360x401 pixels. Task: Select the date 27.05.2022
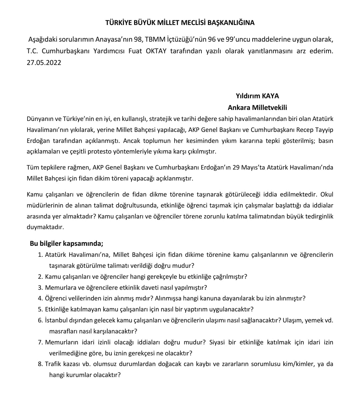[44, 63]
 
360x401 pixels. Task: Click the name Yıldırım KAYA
[257, 96]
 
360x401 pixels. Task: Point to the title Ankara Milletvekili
[257, 108]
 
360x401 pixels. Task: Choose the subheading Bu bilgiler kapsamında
[66, 243]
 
